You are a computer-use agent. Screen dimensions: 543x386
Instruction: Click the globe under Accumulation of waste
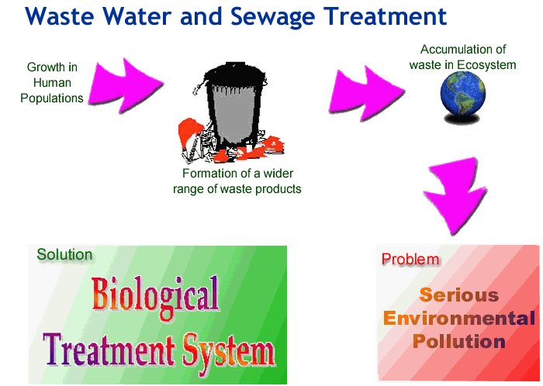click(x=463, y=94)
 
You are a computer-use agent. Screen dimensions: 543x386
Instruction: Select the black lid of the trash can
click(x=235, y=75)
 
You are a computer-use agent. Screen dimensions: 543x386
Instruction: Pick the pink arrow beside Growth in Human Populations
click(x=126, y=85)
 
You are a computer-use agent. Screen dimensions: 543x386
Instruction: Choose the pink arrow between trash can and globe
click(x=366, y=93)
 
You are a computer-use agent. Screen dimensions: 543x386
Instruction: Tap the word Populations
click(x=52, y=98)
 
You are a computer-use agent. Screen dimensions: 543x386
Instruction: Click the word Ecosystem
click(x=486, y=64)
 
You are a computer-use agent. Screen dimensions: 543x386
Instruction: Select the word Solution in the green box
click(x=64, y=254)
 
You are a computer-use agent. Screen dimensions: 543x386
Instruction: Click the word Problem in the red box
click(x=410, y=259)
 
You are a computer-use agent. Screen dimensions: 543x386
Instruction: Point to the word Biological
click(x=155, y=297)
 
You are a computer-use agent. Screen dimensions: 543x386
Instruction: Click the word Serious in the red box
click(x=459, y=295)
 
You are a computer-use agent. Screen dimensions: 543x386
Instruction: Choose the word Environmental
click(x=459, y=319)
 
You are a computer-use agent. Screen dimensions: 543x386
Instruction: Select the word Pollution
click(x=459, y=341)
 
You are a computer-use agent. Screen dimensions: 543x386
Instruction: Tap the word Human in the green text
click(x=52, y=83)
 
